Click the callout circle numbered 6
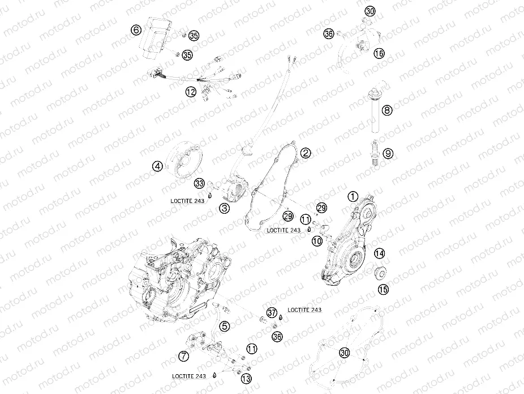click(x=135, y=29)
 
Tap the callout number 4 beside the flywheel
click(x=157, y=166)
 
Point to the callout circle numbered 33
click(x=199, y=183)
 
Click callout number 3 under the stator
click(x=225, y=209)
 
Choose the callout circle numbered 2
click(x=305, y=152)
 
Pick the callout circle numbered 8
click(x=386, y=110)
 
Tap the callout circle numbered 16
click(x=379, y=53)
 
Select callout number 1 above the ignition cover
click(x=353, y=197)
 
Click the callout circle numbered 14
click(x=379, y=253)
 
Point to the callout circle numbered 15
click(x=384, y=289)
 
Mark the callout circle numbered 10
click(x=316, y=241)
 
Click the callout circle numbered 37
click(x=272, y=313)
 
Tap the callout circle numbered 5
click(x=225, y=326)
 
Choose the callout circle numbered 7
click(x=183, y=356)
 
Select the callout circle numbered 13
click(x=246, y=378)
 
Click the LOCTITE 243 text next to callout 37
click(x=304, y=310)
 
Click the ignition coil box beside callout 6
click(x=157, y=37)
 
